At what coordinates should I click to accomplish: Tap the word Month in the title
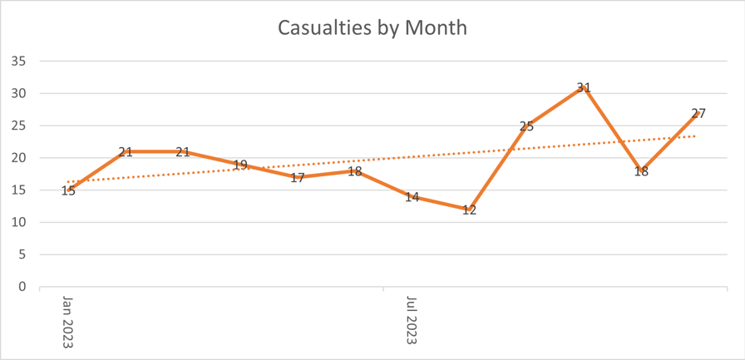[437, 27]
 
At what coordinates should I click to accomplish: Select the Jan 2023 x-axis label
[68, 322]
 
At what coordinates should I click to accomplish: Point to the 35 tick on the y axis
[18, 62]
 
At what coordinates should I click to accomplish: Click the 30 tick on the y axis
[18, 94]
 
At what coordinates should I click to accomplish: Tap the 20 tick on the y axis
[18, 158]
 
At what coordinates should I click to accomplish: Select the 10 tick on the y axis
[18, 223]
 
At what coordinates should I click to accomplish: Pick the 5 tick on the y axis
[22, 255]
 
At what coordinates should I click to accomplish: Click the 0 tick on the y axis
[22, 287]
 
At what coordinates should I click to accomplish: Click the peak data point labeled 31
[584, 87]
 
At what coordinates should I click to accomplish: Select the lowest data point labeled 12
[469, 210]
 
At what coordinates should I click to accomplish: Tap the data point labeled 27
[698, 113]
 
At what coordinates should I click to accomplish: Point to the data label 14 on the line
[412, 197]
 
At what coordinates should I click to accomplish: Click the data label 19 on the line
[240, 165]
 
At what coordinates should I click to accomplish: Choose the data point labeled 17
[298, 177]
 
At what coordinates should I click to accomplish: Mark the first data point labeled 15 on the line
[68, 190]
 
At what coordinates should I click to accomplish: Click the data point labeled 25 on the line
[526, 126]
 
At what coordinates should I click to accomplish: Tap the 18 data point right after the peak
[641, 171]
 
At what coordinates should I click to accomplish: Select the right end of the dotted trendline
[695, 136]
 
